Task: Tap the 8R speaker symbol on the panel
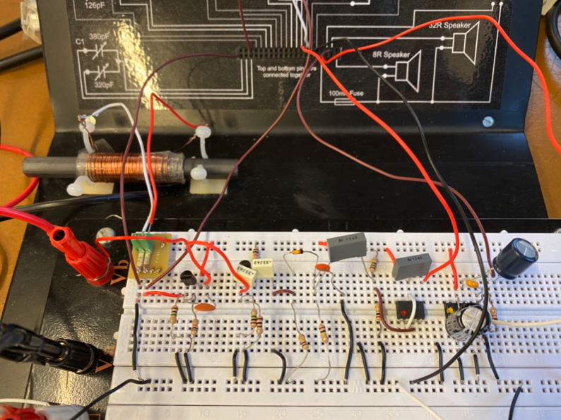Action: [x=408, y=71]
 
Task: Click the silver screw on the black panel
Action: [x=487, y=122]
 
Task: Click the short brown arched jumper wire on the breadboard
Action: [x=283, y=292]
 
